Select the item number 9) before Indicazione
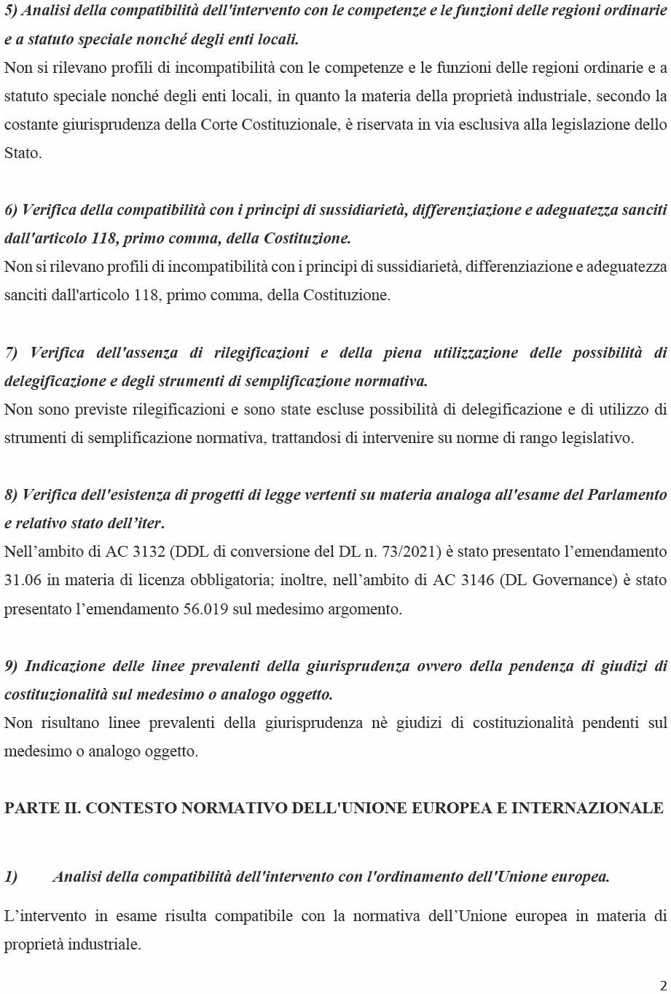coord(12,666)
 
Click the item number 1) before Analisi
coord(12,877)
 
